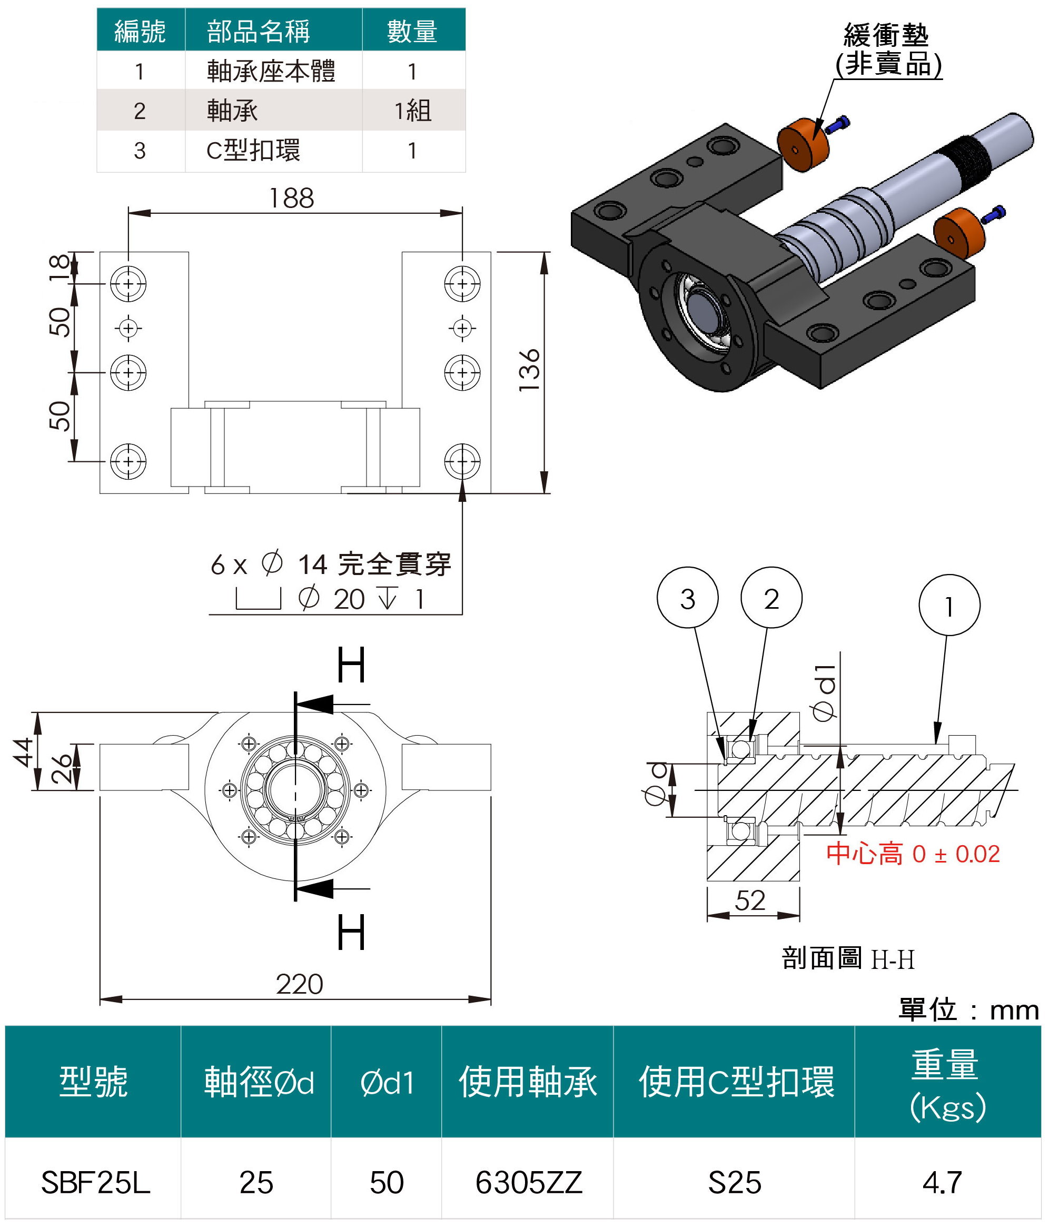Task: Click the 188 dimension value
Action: pos(291,198)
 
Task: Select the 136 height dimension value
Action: pos(529,370)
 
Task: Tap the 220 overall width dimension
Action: pos(299,984)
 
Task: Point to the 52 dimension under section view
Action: pos(750,900)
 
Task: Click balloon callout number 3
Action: pos(687,599)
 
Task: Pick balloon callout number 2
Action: pos(771,599)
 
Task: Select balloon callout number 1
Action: pos(949,606)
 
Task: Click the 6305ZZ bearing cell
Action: pos(529,1182)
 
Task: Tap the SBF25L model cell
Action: pos(95,1182)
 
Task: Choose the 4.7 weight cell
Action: pos(942,1182)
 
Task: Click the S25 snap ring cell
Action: pos(734,1182)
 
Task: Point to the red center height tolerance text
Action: pos(913,854)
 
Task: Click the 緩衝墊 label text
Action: pos(887,36)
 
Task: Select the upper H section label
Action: pos(351,666)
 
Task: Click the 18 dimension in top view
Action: pos(60,269)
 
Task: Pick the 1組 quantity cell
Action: pos(413,111)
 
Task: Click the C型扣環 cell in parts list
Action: pos(254,151)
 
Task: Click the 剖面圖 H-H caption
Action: pos(848,958)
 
